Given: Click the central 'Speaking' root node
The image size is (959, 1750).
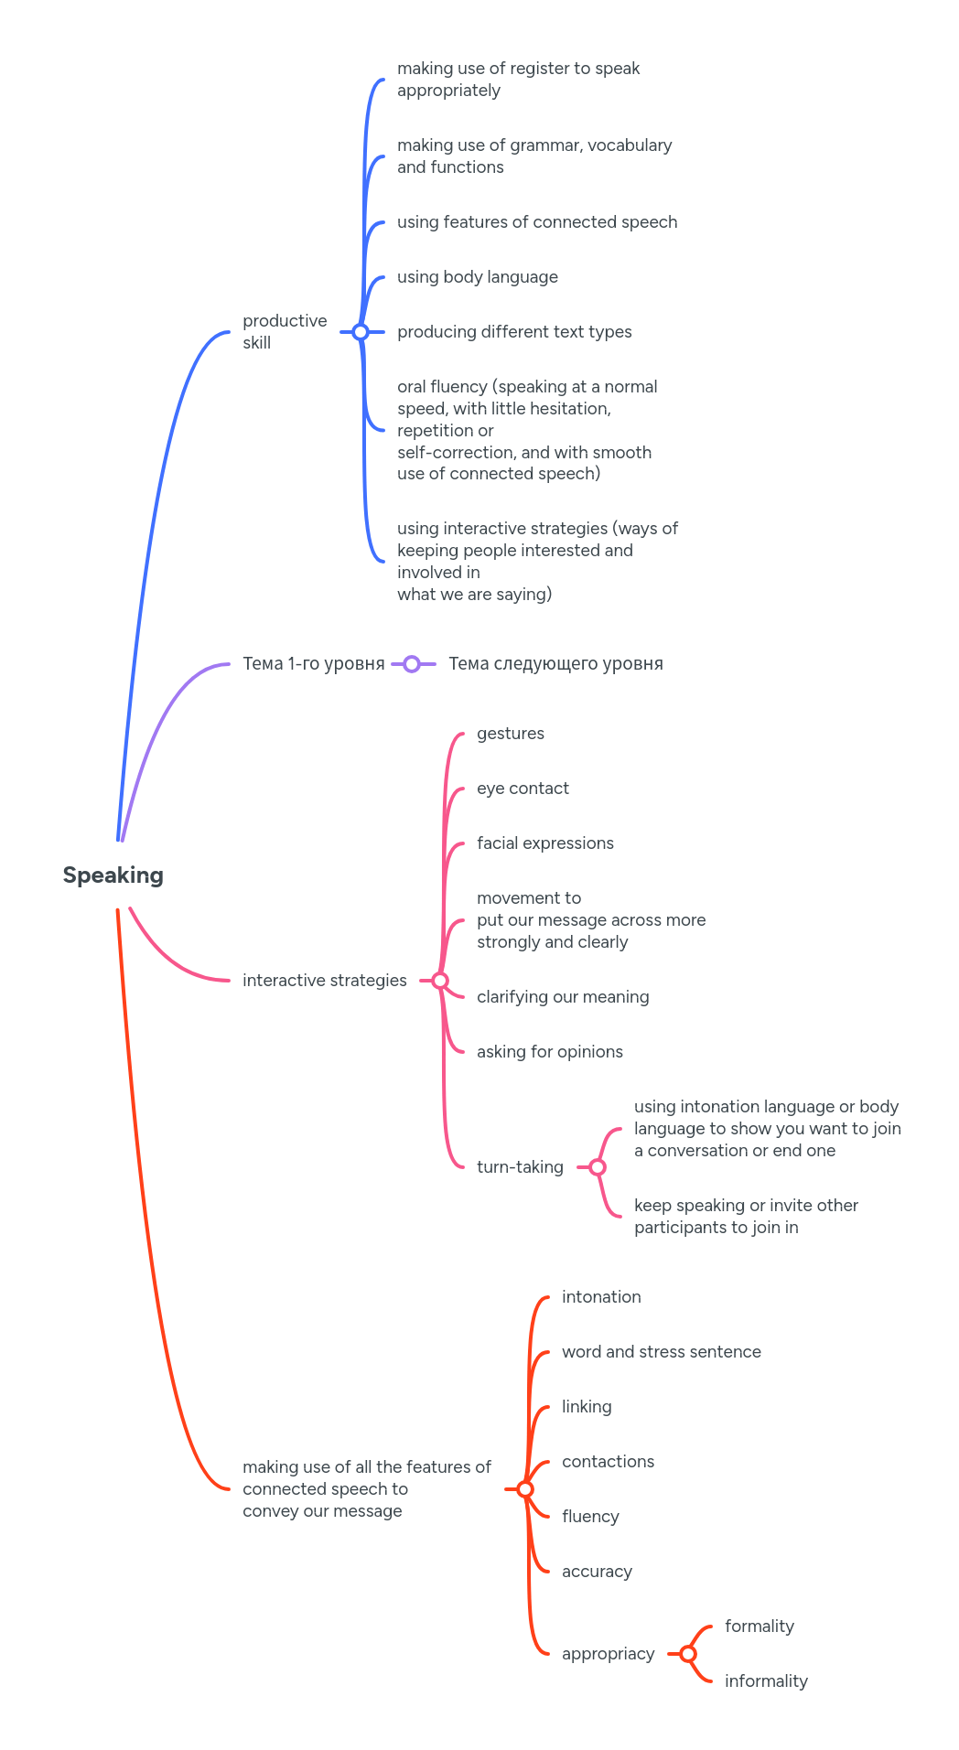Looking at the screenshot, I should tap(113, 875).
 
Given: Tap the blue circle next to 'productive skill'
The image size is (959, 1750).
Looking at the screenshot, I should tap(361, 332).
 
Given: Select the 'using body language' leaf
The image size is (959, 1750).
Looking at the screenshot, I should tap(477, 277).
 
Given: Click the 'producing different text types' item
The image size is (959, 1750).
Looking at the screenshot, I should tap(514, 332).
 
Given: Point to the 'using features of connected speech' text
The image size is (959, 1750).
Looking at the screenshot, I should tap(537, 222).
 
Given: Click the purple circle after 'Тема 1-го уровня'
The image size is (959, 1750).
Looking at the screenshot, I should tap(412, 664).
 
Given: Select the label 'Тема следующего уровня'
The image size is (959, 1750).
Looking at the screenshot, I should tap(555, 664).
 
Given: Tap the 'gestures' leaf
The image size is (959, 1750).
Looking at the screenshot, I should tap(510, 734).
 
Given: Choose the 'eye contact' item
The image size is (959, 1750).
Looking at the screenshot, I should tap(523, 789).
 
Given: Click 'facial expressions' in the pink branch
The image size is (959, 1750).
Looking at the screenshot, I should tap(544, 843).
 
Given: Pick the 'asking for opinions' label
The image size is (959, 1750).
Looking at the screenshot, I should tap(549, 1052).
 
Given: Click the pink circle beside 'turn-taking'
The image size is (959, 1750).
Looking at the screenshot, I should tap(598, 1167).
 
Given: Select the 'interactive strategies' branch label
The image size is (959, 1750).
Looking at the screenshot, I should tap(324, 981).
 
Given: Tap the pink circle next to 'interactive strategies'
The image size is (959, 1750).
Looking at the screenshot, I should tap(440, 981).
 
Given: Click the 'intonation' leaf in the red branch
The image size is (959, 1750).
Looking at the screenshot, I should tap(601, 1297).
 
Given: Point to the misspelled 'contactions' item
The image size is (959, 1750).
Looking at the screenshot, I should tap(608, 1462).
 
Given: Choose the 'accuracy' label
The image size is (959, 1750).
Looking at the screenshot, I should tap(597, 1572).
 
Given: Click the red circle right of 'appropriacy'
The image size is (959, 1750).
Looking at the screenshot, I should tap(688, 1654).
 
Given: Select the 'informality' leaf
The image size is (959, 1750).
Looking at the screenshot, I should tap(766, 1681).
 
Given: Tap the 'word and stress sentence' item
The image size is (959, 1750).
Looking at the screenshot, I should tap(661, 1352).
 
